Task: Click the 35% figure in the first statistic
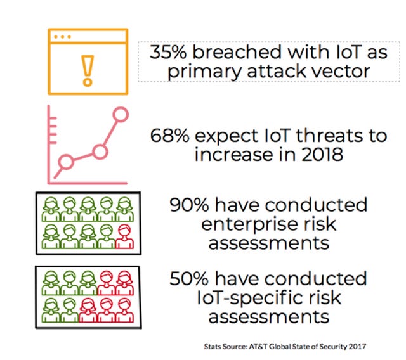click(168, 52)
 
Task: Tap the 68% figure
click(169, 136)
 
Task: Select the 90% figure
click(189, 205)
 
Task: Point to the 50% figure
click(189, 278)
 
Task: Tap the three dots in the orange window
click(62, 37)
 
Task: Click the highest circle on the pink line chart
click(121, 114)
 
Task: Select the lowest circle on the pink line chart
click(66, 162)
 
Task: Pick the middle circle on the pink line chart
click(100, 151)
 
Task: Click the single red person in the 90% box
click(124, 236)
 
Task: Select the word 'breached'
click(237, 52)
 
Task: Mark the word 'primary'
click(204, 72)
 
